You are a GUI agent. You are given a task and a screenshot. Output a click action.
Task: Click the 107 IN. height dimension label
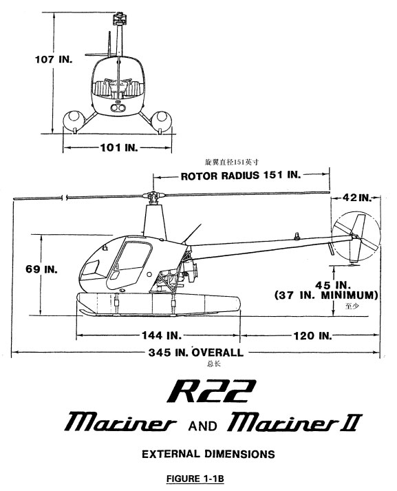(x=54, y=59)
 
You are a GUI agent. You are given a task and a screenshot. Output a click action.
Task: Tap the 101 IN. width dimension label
(x=119, y=147)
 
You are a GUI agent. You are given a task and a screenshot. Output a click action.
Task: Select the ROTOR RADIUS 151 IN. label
(x=241, y=175)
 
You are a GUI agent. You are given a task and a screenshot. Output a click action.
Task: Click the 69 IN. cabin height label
(x=41, y=269)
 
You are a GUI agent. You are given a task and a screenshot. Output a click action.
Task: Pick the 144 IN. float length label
(x=162, y=335)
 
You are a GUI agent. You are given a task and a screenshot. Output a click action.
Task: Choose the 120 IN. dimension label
(x=312, y=335)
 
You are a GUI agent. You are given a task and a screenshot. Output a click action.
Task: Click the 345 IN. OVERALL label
(x=196, y=353)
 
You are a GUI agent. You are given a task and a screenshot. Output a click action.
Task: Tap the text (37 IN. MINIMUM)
(x=326, y=295)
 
